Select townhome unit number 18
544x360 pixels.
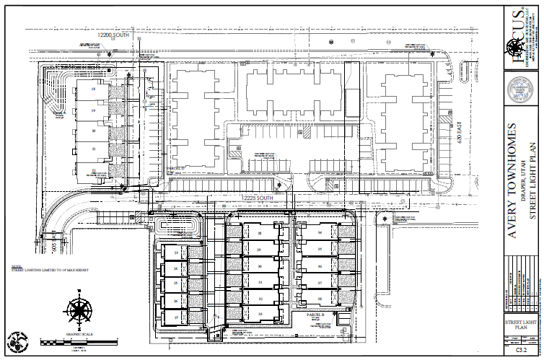pyautogui.click(x=93, y=89)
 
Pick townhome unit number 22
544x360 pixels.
pyautogui.click(x=94, y=170)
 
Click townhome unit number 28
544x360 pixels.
pyautogui.click(x=260, y=233)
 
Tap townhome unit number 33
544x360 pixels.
pyautogui.click(x=260, y=315)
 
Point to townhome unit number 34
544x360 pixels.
pyautogui.click(x=320, y=233)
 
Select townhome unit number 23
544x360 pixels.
pyautogui.click(x=175, y=253)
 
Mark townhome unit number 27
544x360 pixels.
pyautogui.click(x=175, y=317)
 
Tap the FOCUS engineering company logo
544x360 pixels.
pyautogui.click(x=517, y=45)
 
